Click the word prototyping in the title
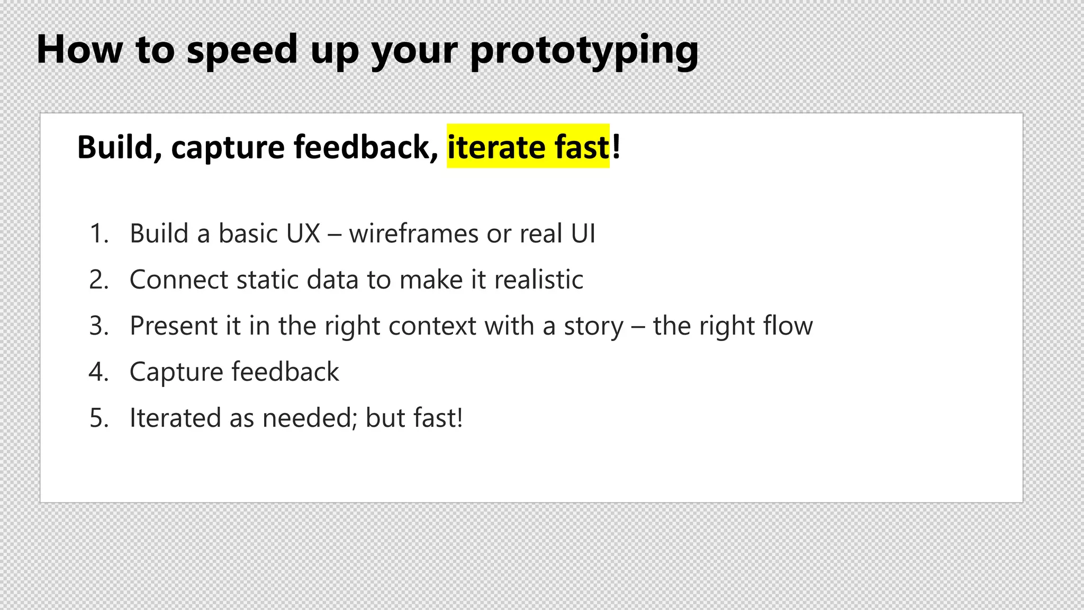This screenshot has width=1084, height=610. click(584, 50)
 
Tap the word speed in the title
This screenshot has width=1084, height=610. click(242, 50)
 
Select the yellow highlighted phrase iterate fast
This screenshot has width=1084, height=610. click(528, 147)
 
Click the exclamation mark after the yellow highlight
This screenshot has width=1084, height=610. click(616, 147)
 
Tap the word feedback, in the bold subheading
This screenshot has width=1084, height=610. click(366, 147)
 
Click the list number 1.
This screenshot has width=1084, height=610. click(99, 234)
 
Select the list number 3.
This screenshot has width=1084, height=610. click(99, 326)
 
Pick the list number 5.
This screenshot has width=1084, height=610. click(99, 418)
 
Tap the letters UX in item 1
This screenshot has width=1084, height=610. click(303, 234)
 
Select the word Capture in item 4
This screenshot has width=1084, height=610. click(176, 372)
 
